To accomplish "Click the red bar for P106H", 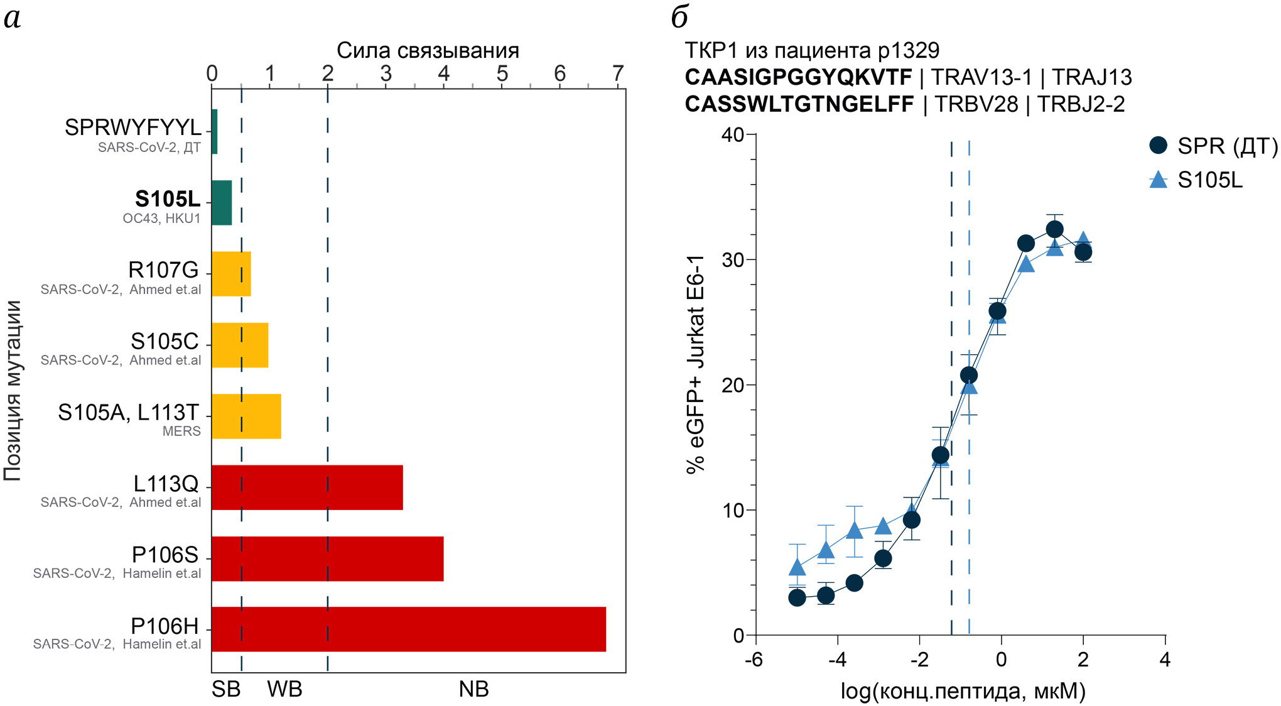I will point(409,629).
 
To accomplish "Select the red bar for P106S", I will point(327,558).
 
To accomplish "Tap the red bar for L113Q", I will point(307,487).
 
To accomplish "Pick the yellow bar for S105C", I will point(240,345).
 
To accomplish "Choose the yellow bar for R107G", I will point(231,274).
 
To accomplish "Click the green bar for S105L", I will point(222,202).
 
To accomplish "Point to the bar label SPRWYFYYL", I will point(133,128).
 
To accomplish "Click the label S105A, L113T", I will point(128,413).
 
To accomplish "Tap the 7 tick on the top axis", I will point(618,73).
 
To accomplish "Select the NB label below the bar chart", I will point(473,689).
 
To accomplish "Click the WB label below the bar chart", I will point(284,689).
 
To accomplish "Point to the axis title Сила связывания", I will point(428,50).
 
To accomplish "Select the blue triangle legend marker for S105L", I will point(1158,180).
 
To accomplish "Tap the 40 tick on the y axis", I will point(732,134).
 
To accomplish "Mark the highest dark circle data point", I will point(1055,229).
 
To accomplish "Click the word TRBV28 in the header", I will point(976,104).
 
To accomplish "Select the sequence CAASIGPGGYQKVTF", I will point(798,77).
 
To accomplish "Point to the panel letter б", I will point(680,17).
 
